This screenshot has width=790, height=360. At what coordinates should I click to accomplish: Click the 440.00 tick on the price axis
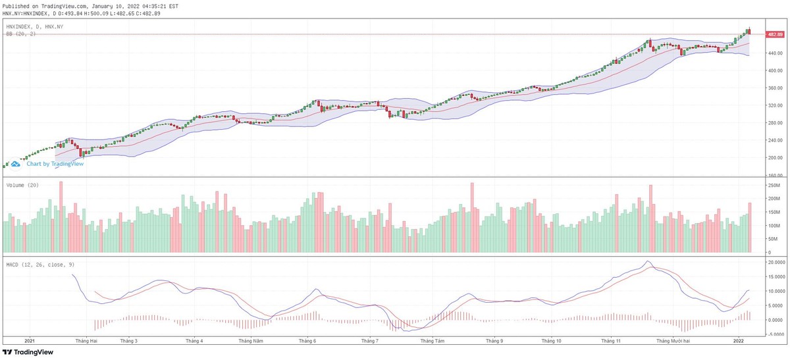774,53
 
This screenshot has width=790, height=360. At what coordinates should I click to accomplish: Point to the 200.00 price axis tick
774,158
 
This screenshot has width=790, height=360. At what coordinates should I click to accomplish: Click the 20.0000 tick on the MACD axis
776,262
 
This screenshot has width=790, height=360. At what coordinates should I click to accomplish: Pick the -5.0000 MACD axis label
776,334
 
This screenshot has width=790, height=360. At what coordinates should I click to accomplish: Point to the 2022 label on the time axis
739,341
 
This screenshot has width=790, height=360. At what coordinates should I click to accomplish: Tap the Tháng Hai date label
86,341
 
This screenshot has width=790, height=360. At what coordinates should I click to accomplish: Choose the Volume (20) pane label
22,185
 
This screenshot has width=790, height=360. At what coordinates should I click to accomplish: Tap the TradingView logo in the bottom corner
32,352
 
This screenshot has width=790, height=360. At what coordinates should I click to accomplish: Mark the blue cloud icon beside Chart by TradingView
16,164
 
